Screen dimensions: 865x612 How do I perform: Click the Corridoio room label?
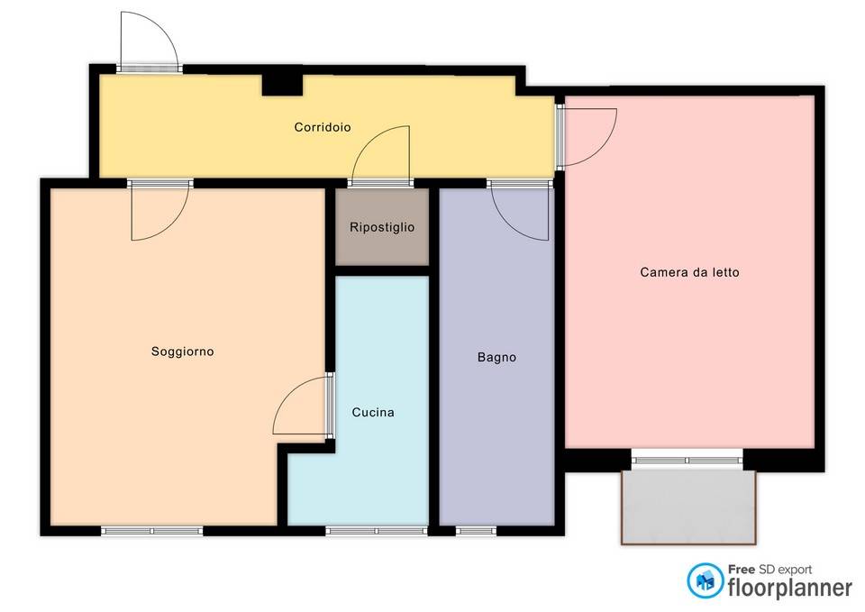(323, 127)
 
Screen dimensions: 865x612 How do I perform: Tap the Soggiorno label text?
(183, 352)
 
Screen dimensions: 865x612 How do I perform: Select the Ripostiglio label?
(382, 227)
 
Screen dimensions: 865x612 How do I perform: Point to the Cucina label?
(373, 412)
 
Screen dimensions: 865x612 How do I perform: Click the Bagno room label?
(496, 357)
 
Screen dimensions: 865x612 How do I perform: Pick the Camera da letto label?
(689, 272)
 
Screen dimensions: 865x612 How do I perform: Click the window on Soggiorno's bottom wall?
(152, 531)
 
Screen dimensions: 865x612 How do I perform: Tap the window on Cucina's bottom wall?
(377, 531)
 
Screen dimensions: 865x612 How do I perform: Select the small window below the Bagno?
(476, 531)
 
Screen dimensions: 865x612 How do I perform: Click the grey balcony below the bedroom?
(687, 507)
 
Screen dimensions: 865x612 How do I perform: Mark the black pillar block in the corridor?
(282, 85)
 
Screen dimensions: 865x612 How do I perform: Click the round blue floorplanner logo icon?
(705, 580)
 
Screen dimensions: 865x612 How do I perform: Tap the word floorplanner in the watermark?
(790, 588)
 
